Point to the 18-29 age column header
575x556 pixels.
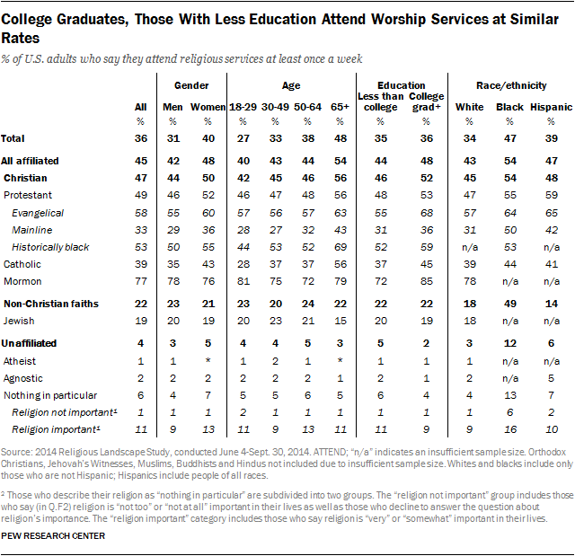pos(242,107)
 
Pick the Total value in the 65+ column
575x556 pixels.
pos(340,138)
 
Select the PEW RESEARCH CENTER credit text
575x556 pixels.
pos(53,536)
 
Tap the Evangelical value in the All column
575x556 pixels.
pos(139,212)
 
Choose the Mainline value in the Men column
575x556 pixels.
pos(172,229)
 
